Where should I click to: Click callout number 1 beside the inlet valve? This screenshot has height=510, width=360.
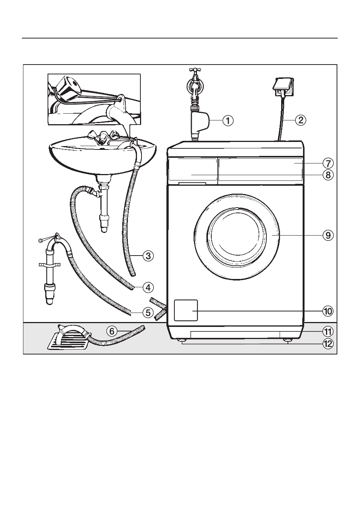228,120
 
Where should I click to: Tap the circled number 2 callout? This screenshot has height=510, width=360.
301,120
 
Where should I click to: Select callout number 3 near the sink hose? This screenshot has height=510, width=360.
148,256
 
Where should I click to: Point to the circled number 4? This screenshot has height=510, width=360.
148,288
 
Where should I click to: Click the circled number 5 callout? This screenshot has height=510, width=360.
148,313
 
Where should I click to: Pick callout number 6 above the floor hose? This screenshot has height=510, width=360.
112,331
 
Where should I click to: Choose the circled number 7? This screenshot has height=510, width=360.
328,163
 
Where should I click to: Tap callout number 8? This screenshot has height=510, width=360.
328,175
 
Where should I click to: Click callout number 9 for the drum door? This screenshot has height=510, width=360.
328,235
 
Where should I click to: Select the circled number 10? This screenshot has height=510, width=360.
328,311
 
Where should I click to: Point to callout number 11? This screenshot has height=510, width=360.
328,332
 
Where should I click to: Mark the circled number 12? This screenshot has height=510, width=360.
328,344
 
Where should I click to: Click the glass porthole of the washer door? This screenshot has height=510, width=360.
237,236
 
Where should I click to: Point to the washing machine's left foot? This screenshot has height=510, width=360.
182,340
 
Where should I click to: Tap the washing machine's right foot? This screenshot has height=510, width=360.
288,340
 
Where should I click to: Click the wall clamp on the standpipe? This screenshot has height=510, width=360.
49,265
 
